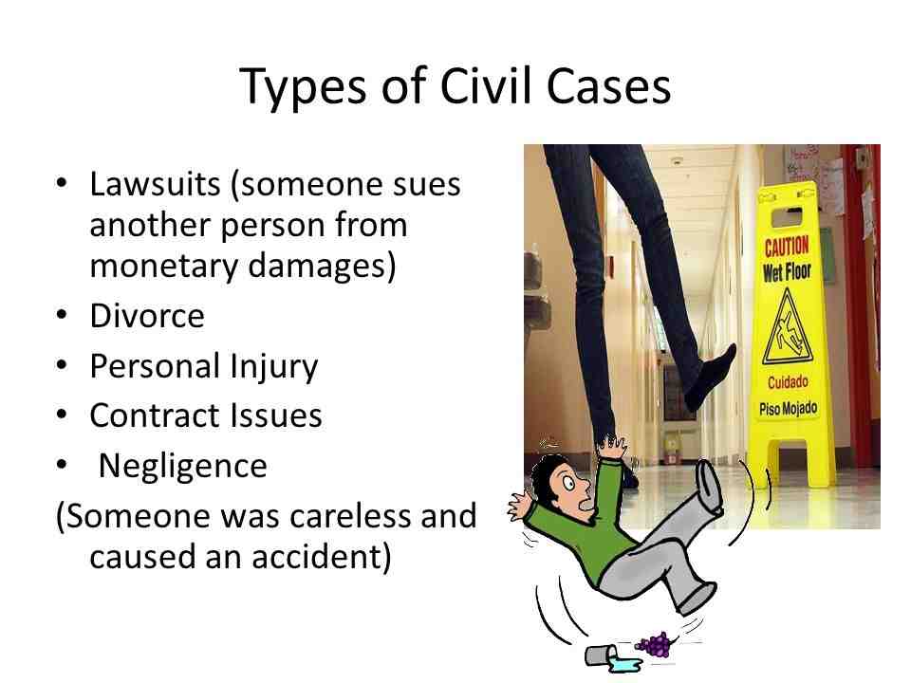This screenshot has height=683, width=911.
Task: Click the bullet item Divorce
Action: [x=147, y=316]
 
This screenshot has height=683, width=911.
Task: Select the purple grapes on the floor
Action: [x=656, y=644]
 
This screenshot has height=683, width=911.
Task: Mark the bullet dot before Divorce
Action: [x=62, y=316]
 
